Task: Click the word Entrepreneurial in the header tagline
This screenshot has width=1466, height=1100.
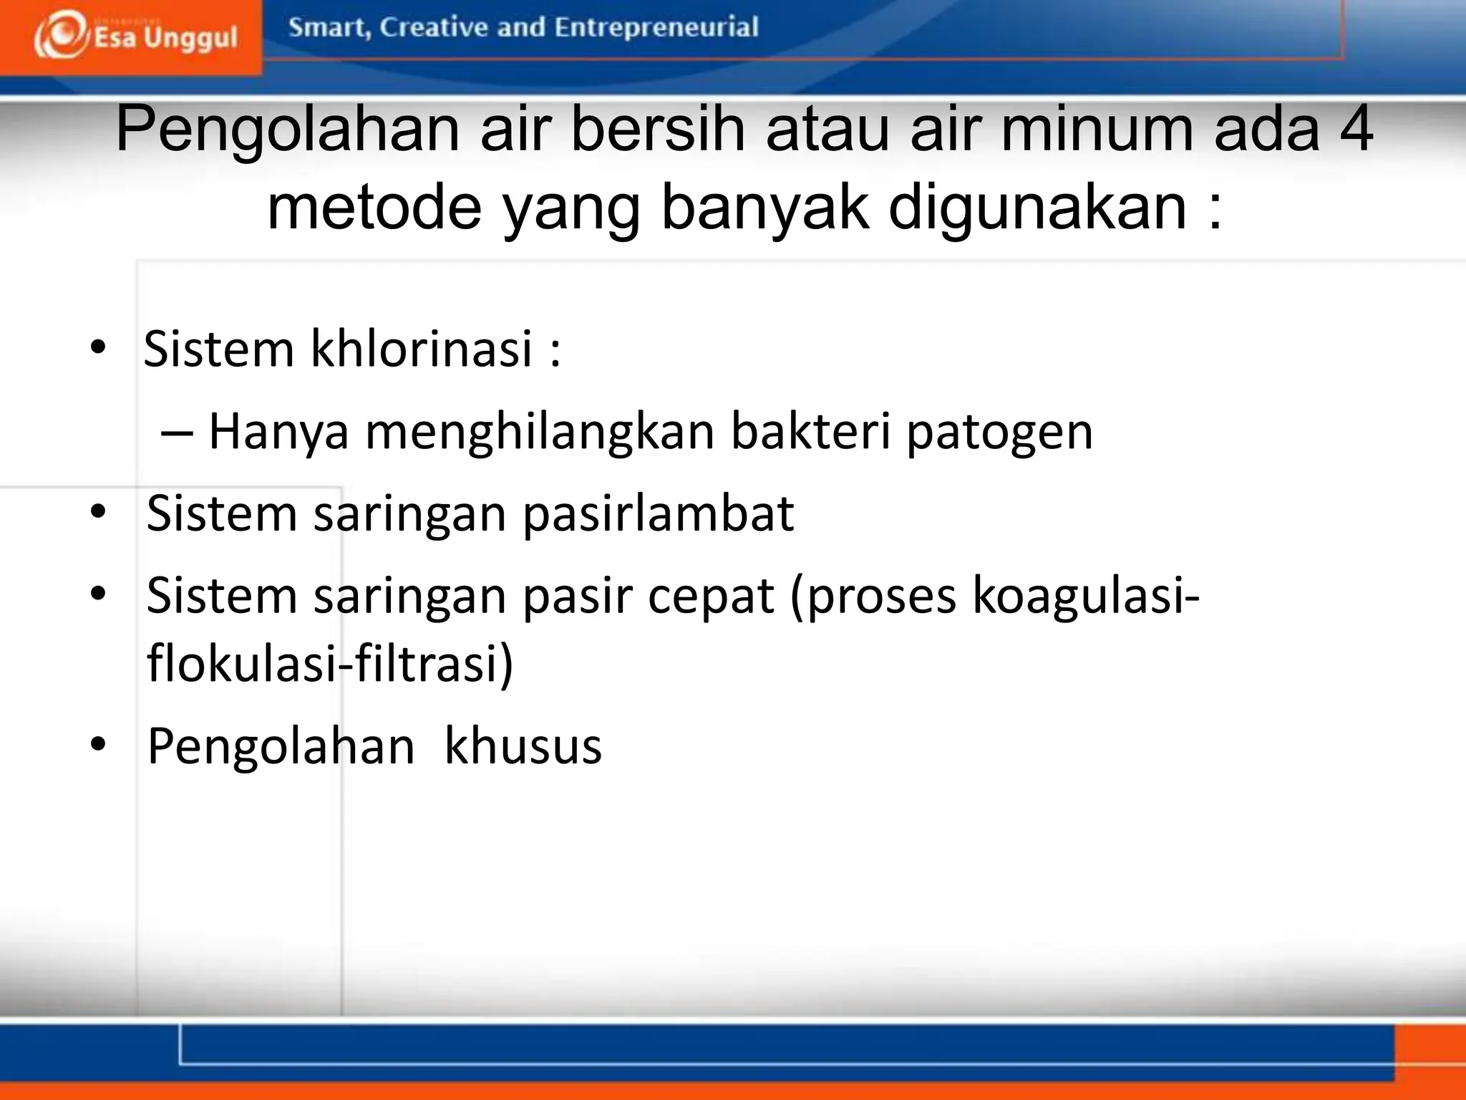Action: (656, 27)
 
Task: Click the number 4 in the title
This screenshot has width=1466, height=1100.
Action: (1355, 130)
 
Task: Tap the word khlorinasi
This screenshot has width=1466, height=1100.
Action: (422, 349)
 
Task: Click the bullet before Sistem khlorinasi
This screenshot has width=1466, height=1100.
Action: (99, 348)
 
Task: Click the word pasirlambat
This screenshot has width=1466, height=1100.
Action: (658, 514)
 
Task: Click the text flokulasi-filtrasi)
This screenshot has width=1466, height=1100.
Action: (330, 663)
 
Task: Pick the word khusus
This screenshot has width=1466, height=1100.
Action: (523, 746)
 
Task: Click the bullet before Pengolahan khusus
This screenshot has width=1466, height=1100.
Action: (99, 745)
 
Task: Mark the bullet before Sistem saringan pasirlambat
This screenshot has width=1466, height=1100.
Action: (99, 512)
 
